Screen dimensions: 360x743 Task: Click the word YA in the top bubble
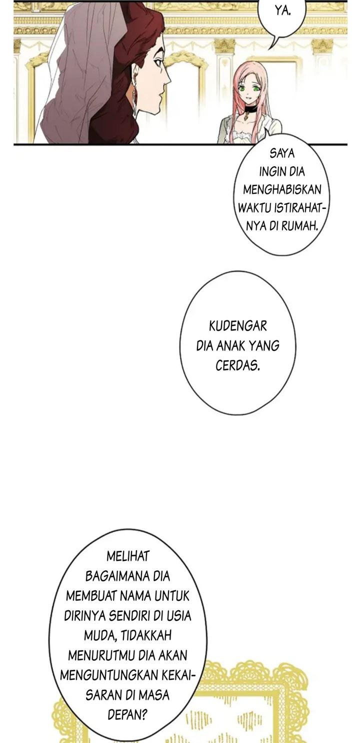pos(282,11)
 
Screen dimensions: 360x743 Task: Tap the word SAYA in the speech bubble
pos(282,154)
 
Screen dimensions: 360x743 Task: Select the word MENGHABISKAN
pos(282,189)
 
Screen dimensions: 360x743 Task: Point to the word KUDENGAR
pos(238,326)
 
